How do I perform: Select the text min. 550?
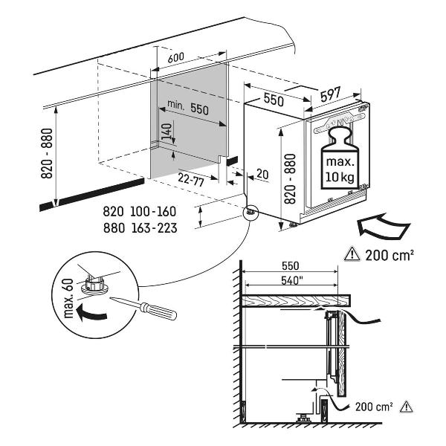click(187, 108)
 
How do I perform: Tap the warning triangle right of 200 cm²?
click(406, 407)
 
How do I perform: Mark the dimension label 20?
click(261, 174)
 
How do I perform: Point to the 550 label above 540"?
click(290, 265)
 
